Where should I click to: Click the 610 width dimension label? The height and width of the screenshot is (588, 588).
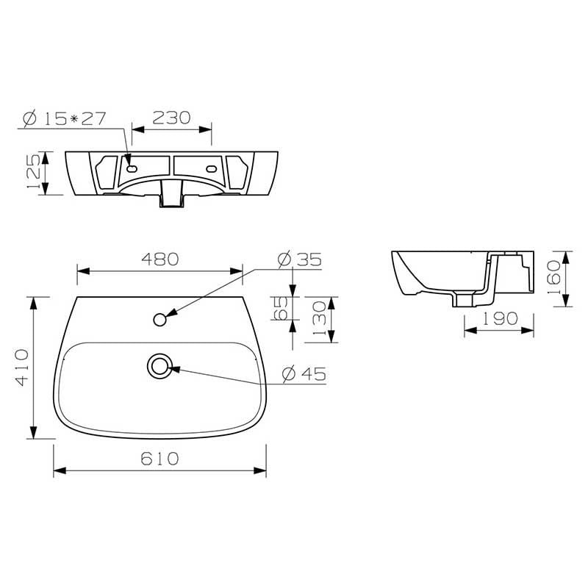[159, 458]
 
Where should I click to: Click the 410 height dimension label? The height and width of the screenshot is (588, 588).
[22, 367]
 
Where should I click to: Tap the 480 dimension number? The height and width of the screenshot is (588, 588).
[160, 259]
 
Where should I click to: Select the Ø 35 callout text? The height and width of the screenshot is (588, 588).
[300, 259]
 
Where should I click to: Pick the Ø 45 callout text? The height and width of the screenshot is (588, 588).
[304, 374]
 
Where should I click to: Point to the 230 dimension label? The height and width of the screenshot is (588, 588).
[171, 118]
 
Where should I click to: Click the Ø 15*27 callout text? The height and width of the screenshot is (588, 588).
[65, 119]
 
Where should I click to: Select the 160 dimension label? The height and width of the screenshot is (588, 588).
[554, 277]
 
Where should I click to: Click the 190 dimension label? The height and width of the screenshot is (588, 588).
[500, 318]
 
